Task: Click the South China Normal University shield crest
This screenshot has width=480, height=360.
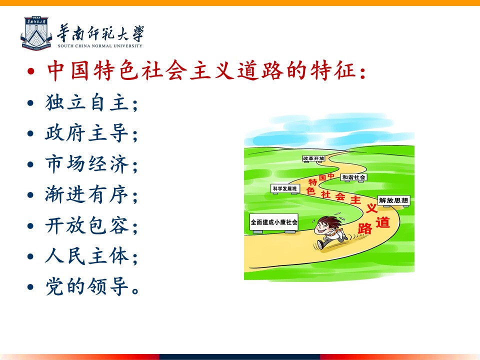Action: tap(36, 33)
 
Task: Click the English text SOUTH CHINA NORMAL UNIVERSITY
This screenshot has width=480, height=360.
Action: tap(100, 46)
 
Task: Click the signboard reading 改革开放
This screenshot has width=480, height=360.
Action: tap(314, 158)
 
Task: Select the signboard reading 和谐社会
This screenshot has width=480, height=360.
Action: tap(354, 177)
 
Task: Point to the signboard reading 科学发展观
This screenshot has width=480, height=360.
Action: tap(285, 188)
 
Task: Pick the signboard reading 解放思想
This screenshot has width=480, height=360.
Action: tap(393, 200)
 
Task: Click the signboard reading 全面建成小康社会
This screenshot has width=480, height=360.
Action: tap(274, 222)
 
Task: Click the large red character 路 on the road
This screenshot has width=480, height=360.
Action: tap(365, 228)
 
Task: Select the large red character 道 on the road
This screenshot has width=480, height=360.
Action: tap(382, 222)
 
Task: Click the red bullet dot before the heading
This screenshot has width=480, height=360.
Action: tap(30, 71)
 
